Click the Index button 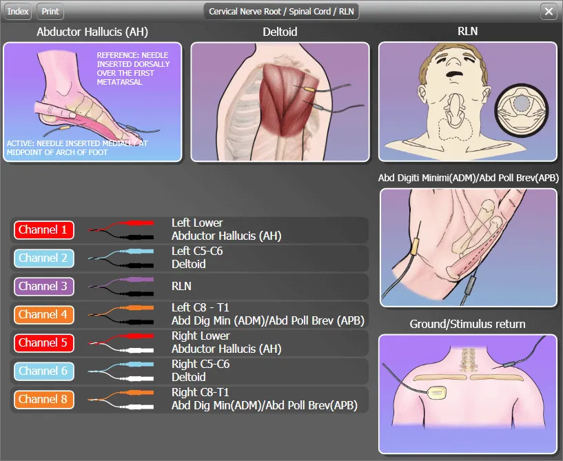pyautogui.click(x=18, y=12)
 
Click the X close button pyautogui.click(x=549, y=12)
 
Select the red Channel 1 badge pyautogui.click(x=44, y=229)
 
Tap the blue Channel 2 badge pyautogui.click(x=44, y=258)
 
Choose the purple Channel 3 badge pyautogui.click(x=44, y=286)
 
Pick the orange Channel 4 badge pyautogui.click(x=44, y=314)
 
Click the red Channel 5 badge pyautogui.click(x=44, y=343)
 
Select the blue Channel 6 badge pyautogui.click(x=44, y=371)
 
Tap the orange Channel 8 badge pyautogui.click(x=44, y=399)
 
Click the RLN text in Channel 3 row pyautogui.click(x=181, y=286)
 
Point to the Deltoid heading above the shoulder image pyautogui.click(x=280, y=32)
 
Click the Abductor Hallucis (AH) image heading pyautogui.click(x=92, y=32)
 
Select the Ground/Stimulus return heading pyautogui.click(x=467, y=324)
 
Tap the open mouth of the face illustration pyautogui.click(x=454, y=74)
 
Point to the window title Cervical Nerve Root pyautogui.click(x=245, y=12)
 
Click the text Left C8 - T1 pyautogui.click(x=200, y=308)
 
